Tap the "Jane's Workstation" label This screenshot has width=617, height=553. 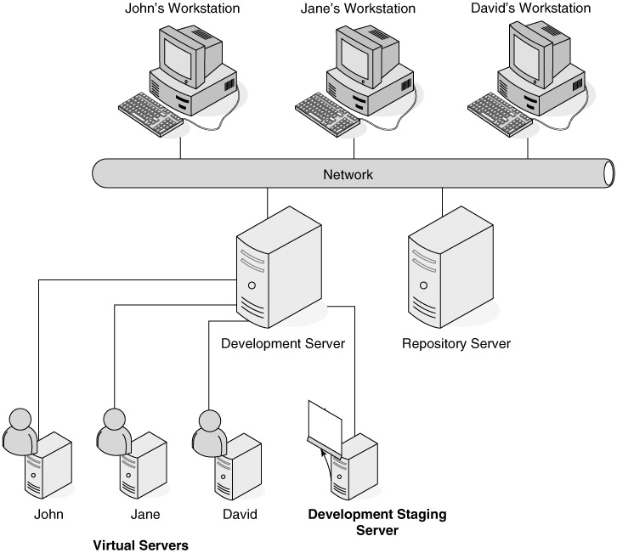click(359, 9)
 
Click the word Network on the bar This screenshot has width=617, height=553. click(348, 176)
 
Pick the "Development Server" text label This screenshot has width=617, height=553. click(282, 344)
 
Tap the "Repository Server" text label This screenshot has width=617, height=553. click(456, 344)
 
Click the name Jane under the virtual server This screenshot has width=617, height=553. click(145, 514)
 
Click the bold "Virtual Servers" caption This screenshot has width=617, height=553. click(140, 545)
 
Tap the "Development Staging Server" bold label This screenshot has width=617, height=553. click(376, 522)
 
